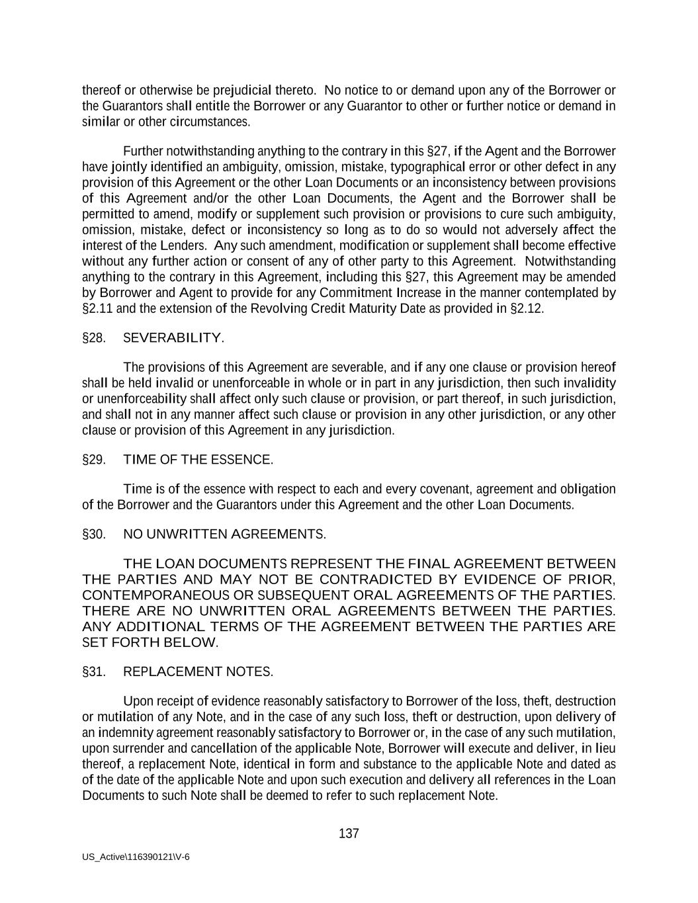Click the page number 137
(349, 834)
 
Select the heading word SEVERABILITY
(173, 338)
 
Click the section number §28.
(94, 338)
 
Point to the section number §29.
(94, 460)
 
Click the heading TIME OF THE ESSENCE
(198, 460)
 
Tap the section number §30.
(94, 535)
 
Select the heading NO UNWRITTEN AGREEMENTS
(224, 535)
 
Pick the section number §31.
(94, 672)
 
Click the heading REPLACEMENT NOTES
(198, 672)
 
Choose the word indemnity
(126, 733)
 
